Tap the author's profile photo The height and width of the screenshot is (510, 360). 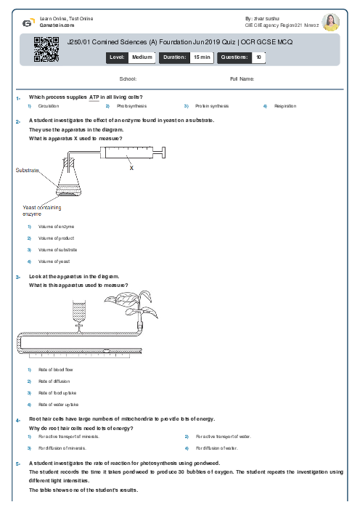[331, 22]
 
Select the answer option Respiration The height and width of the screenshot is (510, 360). [285, 106]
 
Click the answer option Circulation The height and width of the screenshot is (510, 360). [49, 106]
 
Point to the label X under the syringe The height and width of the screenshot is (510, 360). [131, 168]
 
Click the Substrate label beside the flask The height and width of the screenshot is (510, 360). [27, 170]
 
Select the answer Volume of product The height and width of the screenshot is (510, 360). [57, 238]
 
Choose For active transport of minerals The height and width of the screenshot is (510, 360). [69, 437]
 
